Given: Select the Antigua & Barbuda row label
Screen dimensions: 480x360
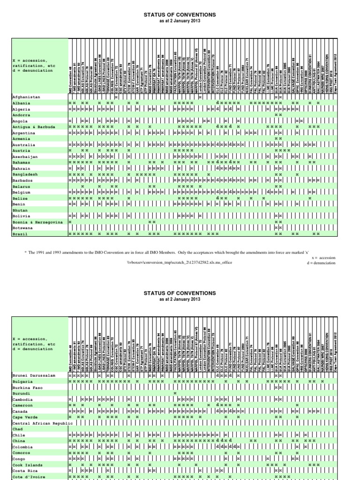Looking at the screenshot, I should (34, 127).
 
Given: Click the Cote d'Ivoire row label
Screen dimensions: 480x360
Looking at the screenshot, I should (30, 476).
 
